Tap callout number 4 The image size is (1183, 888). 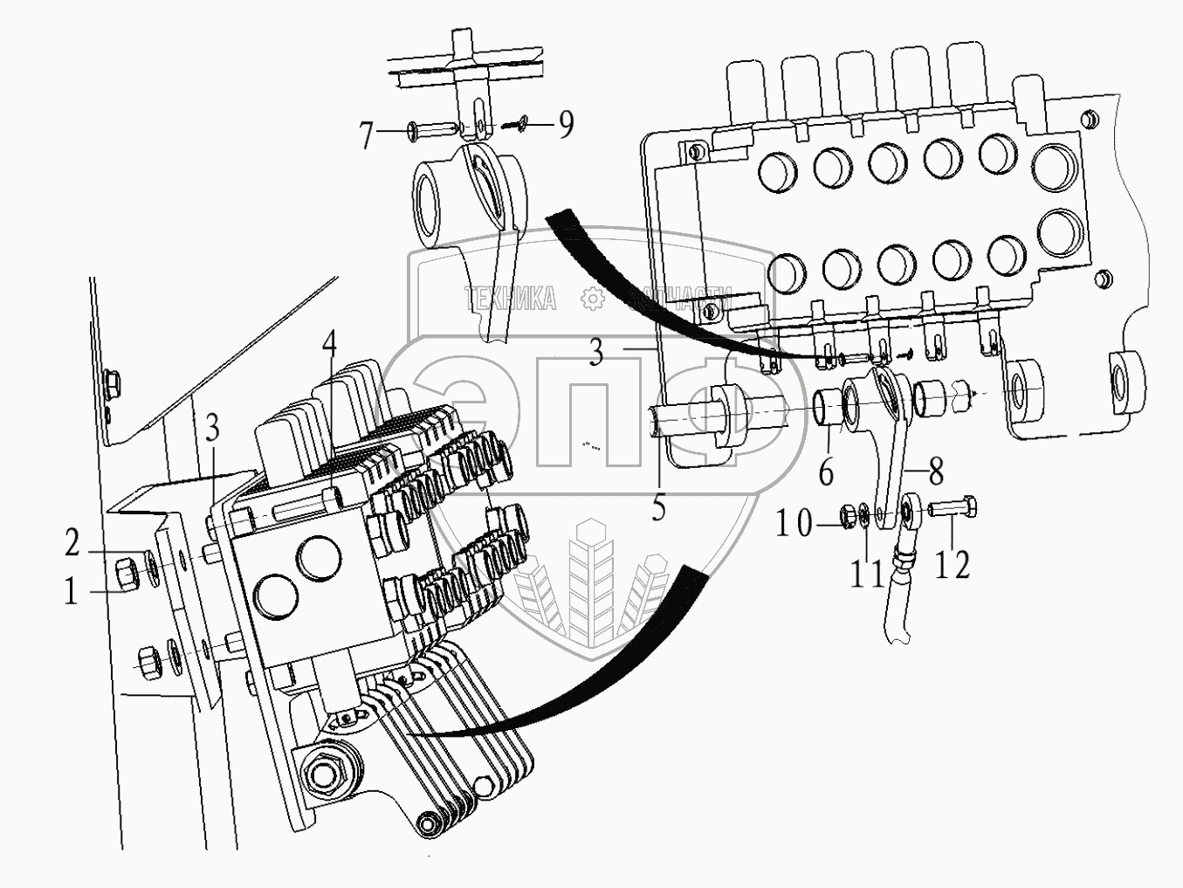[x=328, y=344]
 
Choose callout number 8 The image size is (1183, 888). [x=935, y=472]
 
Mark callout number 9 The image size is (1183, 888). [x=566, y=126]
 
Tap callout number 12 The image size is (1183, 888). [x=953, y=564]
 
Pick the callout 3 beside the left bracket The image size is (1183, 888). [x=213, y=429]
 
